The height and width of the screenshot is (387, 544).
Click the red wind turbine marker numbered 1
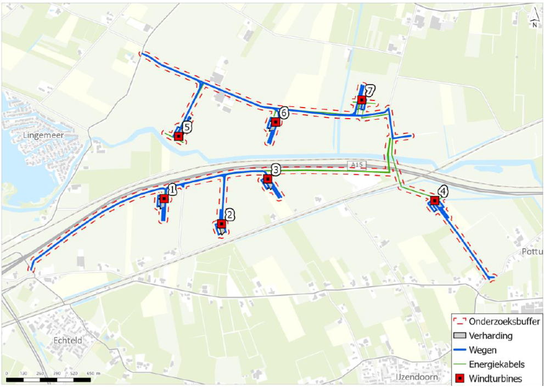point(164,199)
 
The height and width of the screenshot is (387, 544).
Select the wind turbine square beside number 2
point(221,224)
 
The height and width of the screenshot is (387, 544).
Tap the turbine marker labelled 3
point(268,179)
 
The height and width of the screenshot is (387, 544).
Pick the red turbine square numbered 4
point(435,201)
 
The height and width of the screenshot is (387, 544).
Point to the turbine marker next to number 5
point(178,136)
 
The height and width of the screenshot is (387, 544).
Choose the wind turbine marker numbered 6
point(275,122)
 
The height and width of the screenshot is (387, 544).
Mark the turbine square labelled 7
point(362,100)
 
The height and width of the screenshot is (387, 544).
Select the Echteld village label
point(68,340)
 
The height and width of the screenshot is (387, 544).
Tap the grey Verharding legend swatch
point(461,336)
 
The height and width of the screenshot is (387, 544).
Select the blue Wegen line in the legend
point(461,350)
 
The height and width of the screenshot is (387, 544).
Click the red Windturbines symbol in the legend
point(461,378)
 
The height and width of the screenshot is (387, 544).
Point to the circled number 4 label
point(442,192)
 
